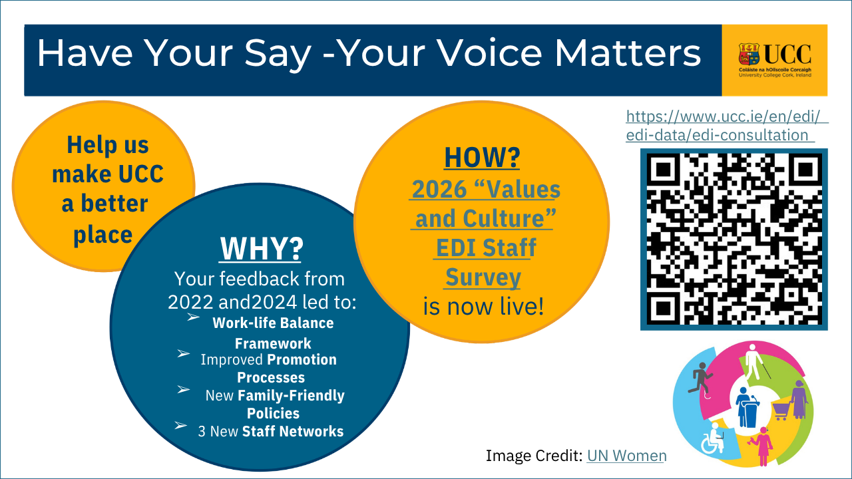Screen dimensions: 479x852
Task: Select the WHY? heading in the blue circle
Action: click(x=261, y=249)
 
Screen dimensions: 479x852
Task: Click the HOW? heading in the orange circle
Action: click(x=482, y=158)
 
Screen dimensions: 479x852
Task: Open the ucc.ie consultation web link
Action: click(x=726, y=126)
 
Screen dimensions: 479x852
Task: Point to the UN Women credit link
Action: click(x=626, y=456)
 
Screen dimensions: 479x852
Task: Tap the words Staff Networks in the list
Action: click(x=293, y=431)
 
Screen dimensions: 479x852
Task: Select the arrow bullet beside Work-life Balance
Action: click(x=193, y=317)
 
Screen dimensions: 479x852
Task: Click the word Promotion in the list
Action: click(x=302, y=360)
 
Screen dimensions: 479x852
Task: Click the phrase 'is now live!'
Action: click(x=483, y=307)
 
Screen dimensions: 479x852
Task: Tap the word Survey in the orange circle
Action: click(x=483, y=277)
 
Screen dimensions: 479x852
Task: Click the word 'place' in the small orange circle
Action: click(x=103, y=234)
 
